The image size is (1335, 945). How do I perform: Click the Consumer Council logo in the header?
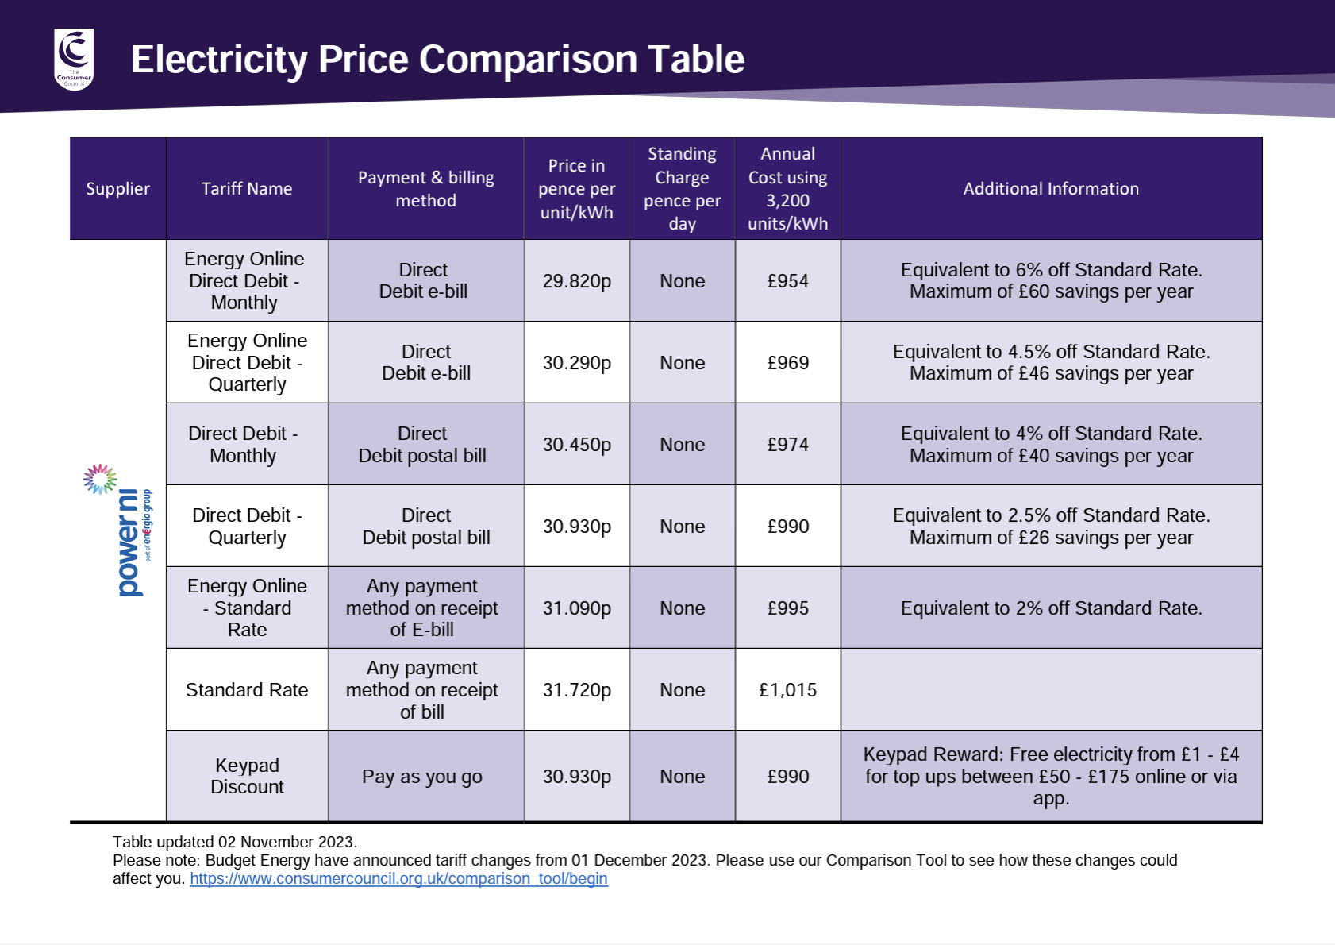point(74,59)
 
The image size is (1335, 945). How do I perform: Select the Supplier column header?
point(117,189)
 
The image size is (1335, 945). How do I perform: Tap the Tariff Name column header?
point(246,189)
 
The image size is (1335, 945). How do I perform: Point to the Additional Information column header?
point(1050,189)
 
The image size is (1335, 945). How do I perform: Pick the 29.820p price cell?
point(576,281)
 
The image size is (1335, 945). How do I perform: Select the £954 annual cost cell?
point(787,281)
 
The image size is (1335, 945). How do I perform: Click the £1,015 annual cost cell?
point(787,690)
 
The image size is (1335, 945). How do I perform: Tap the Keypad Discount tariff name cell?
point(247,776)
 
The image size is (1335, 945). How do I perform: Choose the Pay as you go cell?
point(422,777)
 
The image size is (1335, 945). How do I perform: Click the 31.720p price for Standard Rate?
point(576,690)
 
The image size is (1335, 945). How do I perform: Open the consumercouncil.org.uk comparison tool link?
point(398,879)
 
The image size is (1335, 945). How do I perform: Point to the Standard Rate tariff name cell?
point(247,690)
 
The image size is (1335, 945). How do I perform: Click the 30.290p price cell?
point(576,363)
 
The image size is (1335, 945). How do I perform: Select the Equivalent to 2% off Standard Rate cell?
point(1050,608)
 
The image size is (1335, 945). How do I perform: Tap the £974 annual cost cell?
point(787,445)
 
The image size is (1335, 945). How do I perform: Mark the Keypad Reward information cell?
point(1050,776)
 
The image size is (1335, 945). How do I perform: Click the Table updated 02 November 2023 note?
point(235,842)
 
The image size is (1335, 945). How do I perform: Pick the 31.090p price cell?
point(576,608)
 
